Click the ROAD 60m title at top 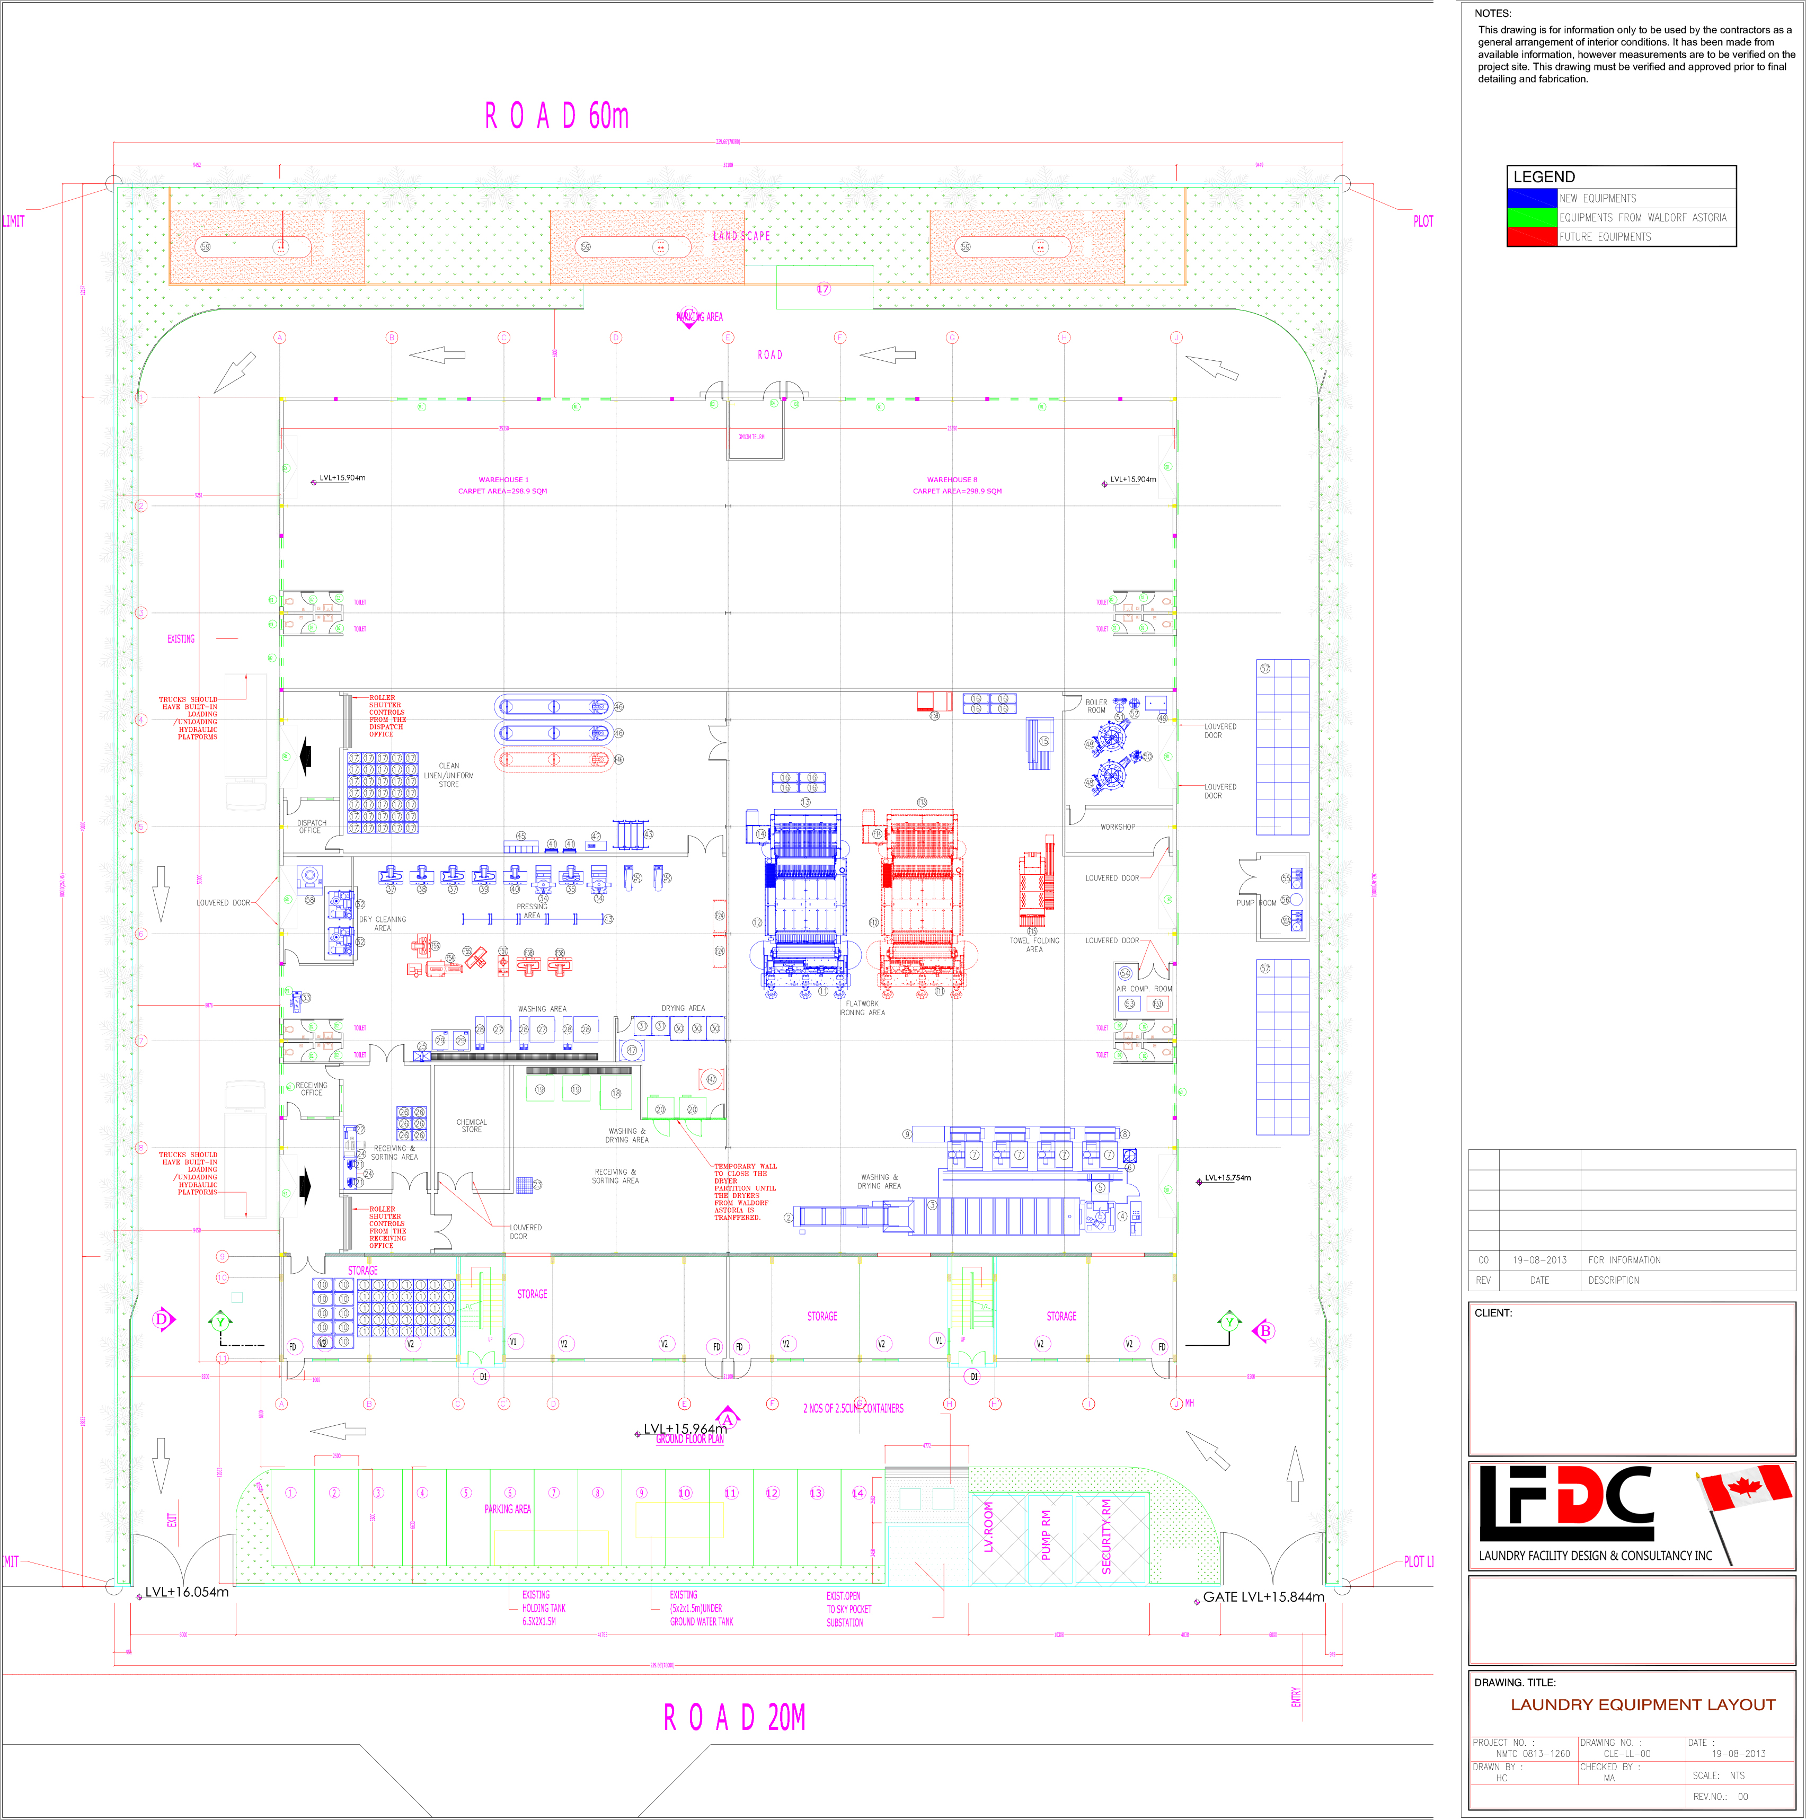point(557,116)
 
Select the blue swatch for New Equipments point(1532,198)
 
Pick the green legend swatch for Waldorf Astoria point(1532,218)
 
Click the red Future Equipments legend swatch point(1532,236)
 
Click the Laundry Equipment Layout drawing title point(1643,1704)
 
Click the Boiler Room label point(1096,706)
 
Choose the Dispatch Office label point(311,826)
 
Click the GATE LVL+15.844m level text point(1263,1597)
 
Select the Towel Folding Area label point(1034,945)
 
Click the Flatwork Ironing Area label point(862,1008)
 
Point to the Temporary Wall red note point(744,1192)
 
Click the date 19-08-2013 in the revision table point(1539,1259)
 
